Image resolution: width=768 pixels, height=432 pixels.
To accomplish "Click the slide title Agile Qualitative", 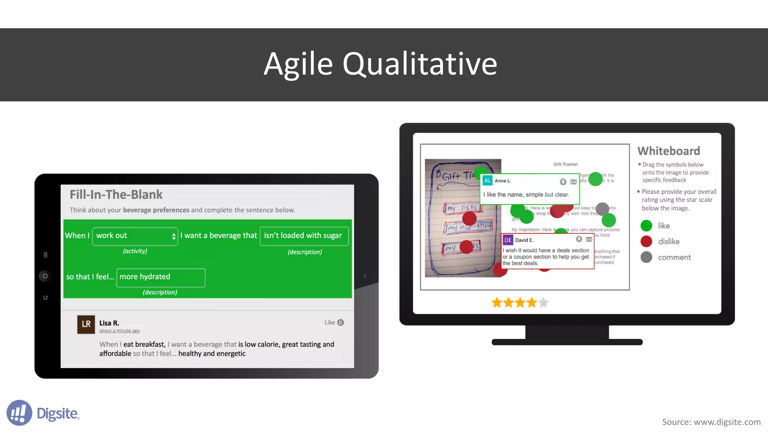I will pyautogui.click(x=380, y=64).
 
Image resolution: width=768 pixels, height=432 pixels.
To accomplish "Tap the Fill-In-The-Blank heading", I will pyautogui.click(x=116, y=194).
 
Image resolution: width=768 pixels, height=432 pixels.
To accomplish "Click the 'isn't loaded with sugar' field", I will pyautogui.click(x=304, y=236).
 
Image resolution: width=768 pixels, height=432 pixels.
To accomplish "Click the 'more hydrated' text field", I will pyautogui.click(x=160, y=277).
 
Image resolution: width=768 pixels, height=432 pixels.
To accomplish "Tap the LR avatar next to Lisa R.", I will pyautogui.click(x=86, y=324).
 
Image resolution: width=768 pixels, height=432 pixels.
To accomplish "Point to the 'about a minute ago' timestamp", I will pyautogui.click(x=119, y=331).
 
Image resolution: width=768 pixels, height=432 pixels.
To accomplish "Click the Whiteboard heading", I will pyautogui.click(x=669, y=151).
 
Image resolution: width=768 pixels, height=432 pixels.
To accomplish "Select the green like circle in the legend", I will pyautogui.click(x=646, y=226).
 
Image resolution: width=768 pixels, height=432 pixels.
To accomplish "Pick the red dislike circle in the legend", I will pyautogui.click(x=646, y=241).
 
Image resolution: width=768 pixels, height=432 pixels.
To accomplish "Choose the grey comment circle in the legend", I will pyautogui.click(x=646, y=257).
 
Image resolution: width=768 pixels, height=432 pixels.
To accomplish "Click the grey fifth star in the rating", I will pyautogui.click(x=543, y=302).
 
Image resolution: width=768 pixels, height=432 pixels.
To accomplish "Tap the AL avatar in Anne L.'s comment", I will pyautogui.click(x=487, y=180).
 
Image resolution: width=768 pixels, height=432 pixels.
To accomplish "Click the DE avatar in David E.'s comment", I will pyautogui.click(x=508, y=240).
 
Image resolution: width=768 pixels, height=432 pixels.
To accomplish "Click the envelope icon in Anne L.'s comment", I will pyautogui.click(x=573, y=182).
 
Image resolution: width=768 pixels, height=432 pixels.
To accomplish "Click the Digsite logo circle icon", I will pyautogui.click(x=19, y=412).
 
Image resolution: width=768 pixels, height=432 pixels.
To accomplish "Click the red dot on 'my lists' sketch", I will pyautogui.click(x=469, y=218).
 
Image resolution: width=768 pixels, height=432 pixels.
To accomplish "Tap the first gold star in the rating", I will pyautogui.click(x=497, y=302).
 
